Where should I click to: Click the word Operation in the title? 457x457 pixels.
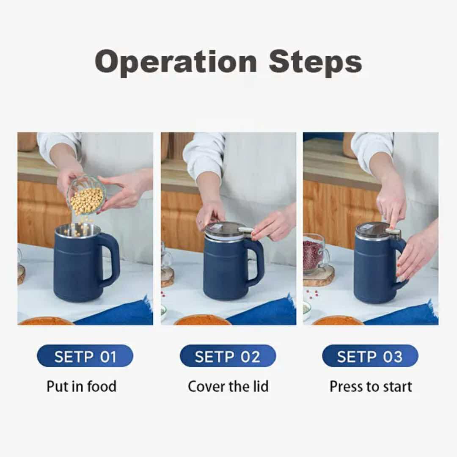(176, 62)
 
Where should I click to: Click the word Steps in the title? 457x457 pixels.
(315, 62)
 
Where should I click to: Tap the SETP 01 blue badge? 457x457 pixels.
(85, 356)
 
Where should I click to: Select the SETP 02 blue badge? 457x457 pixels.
(228, 356)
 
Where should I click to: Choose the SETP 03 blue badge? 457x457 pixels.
(370, 356)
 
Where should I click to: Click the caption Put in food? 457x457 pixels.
(82, 386)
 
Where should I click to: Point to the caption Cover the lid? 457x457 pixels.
(228, 386)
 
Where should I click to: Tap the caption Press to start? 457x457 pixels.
(371, 386)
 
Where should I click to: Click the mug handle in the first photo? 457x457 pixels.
(111, 260)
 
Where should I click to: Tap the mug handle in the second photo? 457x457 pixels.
(256, 262)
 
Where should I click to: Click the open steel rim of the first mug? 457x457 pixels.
(78, 231)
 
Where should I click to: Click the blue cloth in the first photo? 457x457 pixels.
(123, 313)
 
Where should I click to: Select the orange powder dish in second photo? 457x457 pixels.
(202, 320)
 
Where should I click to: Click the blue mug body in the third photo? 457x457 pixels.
(372, 271)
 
